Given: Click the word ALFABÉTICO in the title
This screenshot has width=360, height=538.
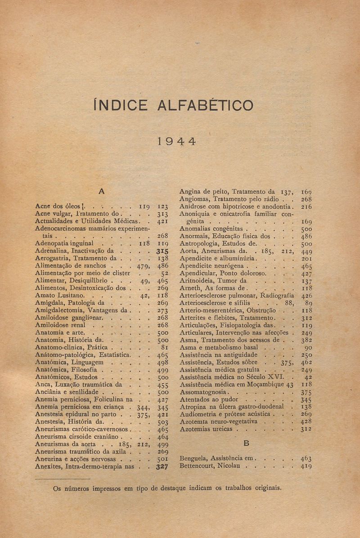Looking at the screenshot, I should click(x=205, y=105).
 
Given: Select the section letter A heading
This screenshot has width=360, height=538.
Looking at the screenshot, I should click(x=102, y=191).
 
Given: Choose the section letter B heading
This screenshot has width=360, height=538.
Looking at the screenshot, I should click(x=246, y=443).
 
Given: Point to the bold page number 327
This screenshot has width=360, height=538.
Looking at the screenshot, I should click(x=162, y=466).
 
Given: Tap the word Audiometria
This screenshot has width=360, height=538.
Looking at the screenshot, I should click(x=200, y=414).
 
